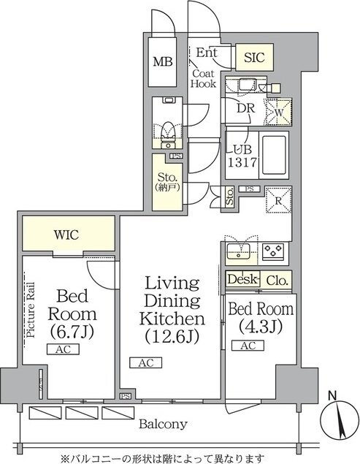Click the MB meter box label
[x=163, y=62]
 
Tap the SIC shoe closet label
[x=254, y=57]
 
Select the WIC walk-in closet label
[x=66, y=235]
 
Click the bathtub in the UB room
[x=274, y=155]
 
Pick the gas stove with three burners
[x=273, y=251]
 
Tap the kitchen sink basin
[x=238, y=251]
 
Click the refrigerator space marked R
[x=278, y=200]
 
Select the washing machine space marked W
[x=279, y=113]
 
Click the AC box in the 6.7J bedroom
[x=63, y=349]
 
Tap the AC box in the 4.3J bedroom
[x=248, y=346]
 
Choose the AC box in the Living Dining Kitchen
[x=146, y=362]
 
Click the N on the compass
[x=333, y=395]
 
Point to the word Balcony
[x=163, y=424]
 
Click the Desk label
[x=242, y=279]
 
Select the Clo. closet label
[x=277, y=281]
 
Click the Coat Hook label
[x=203, y=78]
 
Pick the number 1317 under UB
[x=242, y=162]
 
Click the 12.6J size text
[x=172, y=336]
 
